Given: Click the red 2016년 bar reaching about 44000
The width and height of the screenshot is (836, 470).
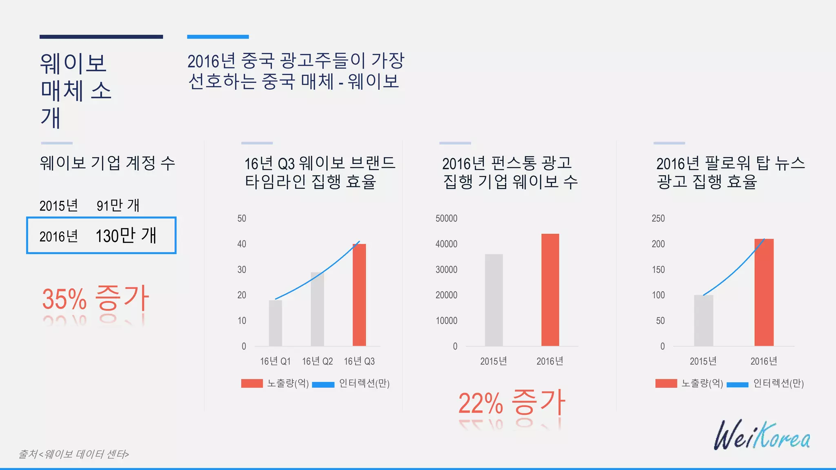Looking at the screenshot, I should (550, 290).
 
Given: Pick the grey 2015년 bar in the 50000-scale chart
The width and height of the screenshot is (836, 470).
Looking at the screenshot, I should (494, 300).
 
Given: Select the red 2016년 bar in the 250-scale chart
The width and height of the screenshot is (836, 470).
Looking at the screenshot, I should (764, 292).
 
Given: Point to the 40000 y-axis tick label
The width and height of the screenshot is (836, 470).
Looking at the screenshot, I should (446, 244).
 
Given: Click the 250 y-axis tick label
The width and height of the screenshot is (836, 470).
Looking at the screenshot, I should (658, 218).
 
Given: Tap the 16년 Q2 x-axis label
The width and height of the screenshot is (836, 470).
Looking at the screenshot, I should (317, 361).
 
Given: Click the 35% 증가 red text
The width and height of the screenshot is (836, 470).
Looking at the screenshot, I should (96, 298).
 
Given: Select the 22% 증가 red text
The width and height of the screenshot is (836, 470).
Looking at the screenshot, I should (511, 403).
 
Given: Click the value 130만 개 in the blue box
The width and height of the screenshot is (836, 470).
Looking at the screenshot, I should (126, 235).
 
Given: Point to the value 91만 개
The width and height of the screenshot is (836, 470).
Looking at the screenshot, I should (118, 205).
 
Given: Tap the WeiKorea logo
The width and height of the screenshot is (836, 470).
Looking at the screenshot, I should (762, 436).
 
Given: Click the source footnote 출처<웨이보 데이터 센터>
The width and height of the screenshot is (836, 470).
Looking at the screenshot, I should (74, 454).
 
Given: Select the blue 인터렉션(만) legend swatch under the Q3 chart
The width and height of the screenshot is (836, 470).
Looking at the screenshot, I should (323, 384).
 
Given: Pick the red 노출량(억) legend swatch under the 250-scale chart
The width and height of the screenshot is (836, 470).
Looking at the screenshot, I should (666, 384).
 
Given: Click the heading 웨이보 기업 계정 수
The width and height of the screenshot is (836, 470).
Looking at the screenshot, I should (107, 163).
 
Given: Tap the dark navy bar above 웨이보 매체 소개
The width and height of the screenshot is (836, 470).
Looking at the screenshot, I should (101, 37).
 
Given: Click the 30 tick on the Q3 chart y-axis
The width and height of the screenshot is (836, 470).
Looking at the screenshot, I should (242, 270).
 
